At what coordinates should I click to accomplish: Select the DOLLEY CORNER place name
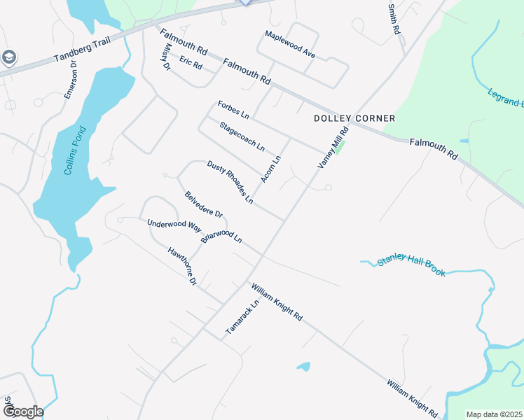[x=354, y=118]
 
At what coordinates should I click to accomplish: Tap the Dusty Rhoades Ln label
[x=230, y=182]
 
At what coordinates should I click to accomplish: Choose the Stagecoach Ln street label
[x=242, y=136]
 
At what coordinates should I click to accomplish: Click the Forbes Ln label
[x=233, y=108]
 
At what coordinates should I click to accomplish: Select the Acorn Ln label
[x=270, y=169]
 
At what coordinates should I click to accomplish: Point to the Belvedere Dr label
[x=203, y=204]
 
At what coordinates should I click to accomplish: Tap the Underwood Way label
[x=174, y=225]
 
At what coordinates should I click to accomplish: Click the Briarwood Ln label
[x=221, y=235]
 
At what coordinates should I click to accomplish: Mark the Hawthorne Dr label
[x=181, y=266]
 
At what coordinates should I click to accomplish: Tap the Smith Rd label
[x=394, y=19]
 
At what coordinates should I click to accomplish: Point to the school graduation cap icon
[x=9, y=57]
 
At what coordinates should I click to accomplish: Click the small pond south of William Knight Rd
[x=303, y=366]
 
